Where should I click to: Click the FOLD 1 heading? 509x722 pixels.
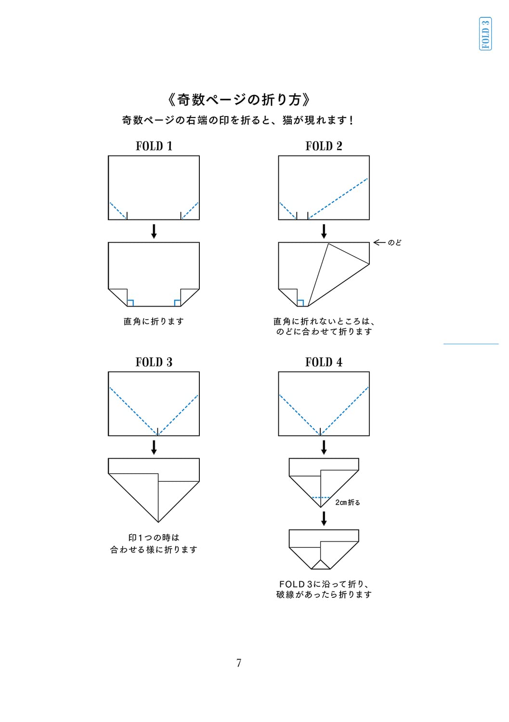[x=154, y=146]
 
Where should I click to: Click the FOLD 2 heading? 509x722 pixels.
[x=324, y=146]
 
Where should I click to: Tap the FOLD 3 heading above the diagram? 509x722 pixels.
[x=154, y=362]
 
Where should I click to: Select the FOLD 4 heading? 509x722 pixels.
[x=324, y=362]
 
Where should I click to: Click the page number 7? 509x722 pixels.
[x=239, y=663]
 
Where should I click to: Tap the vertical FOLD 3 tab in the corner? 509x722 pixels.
[x=485, y=34]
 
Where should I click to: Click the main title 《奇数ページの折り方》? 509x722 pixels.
[x=239, y=100]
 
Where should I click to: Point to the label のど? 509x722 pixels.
[x=394, y=243]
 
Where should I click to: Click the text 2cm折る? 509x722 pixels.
[x=347, y=502]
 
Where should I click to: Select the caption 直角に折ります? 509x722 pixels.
[x=154, y=322]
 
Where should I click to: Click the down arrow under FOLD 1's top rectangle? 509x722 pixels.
[x=154, y=231]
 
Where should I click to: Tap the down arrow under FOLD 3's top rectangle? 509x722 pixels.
[x=154, y=447]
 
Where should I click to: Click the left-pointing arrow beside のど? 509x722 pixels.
[x=379, y=243]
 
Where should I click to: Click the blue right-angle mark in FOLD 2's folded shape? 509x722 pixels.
[x=300, y=303]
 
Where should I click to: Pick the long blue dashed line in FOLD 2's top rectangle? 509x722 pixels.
[x=338, y=198]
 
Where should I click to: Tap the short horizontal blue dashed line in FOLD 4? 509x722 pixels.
[x=320, y=497]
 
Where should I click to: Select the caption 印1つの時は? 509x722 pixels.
[x=154, y=538]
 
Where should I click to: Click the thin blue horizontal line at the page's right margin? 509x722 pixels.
[x=471, y=344]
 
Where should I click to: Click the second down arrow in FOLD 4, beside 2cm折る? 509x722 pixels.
[x=324, y=518]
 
